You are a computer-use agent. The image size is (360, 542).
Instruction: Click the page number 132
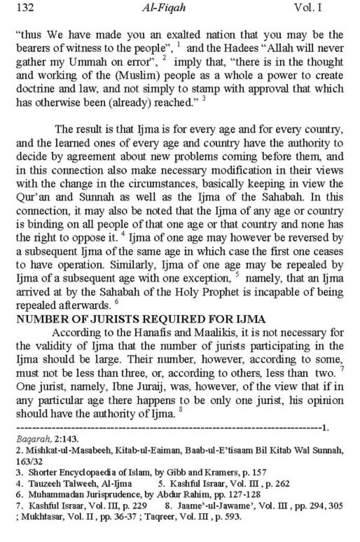(x=25, y=7)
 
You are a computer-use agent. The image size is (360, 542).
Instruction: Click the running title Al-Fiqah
(x=163, y=8)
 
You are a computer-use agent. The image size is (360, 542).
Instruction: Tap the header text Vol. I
(x=308, y=7)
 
